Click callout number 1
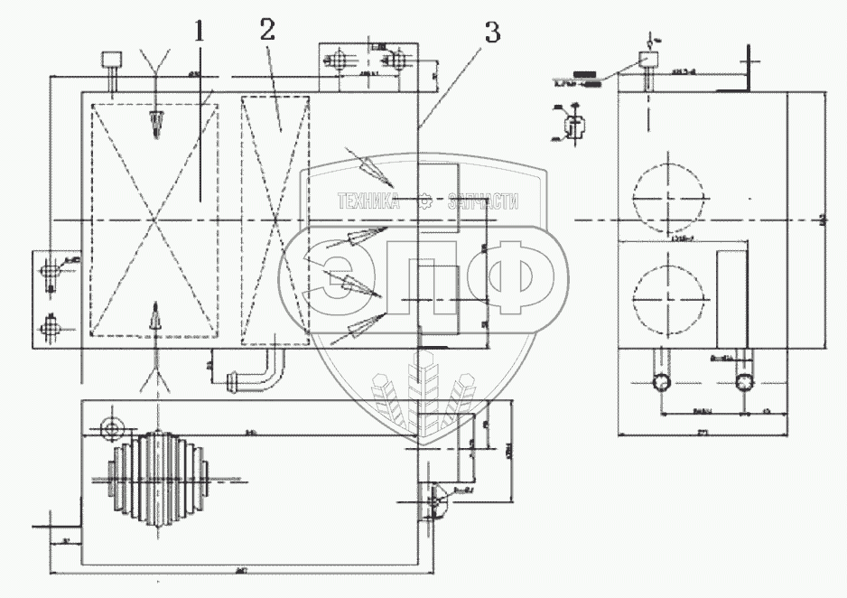pyautogui.click(x=200, y=31)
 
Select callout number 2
pyautogui.click(x=266, y=30)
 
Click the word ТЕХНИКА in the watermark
pyautogui.click(x=368, y=202)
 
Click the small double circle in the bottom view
pyautogui.click(x=112, y=427)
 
